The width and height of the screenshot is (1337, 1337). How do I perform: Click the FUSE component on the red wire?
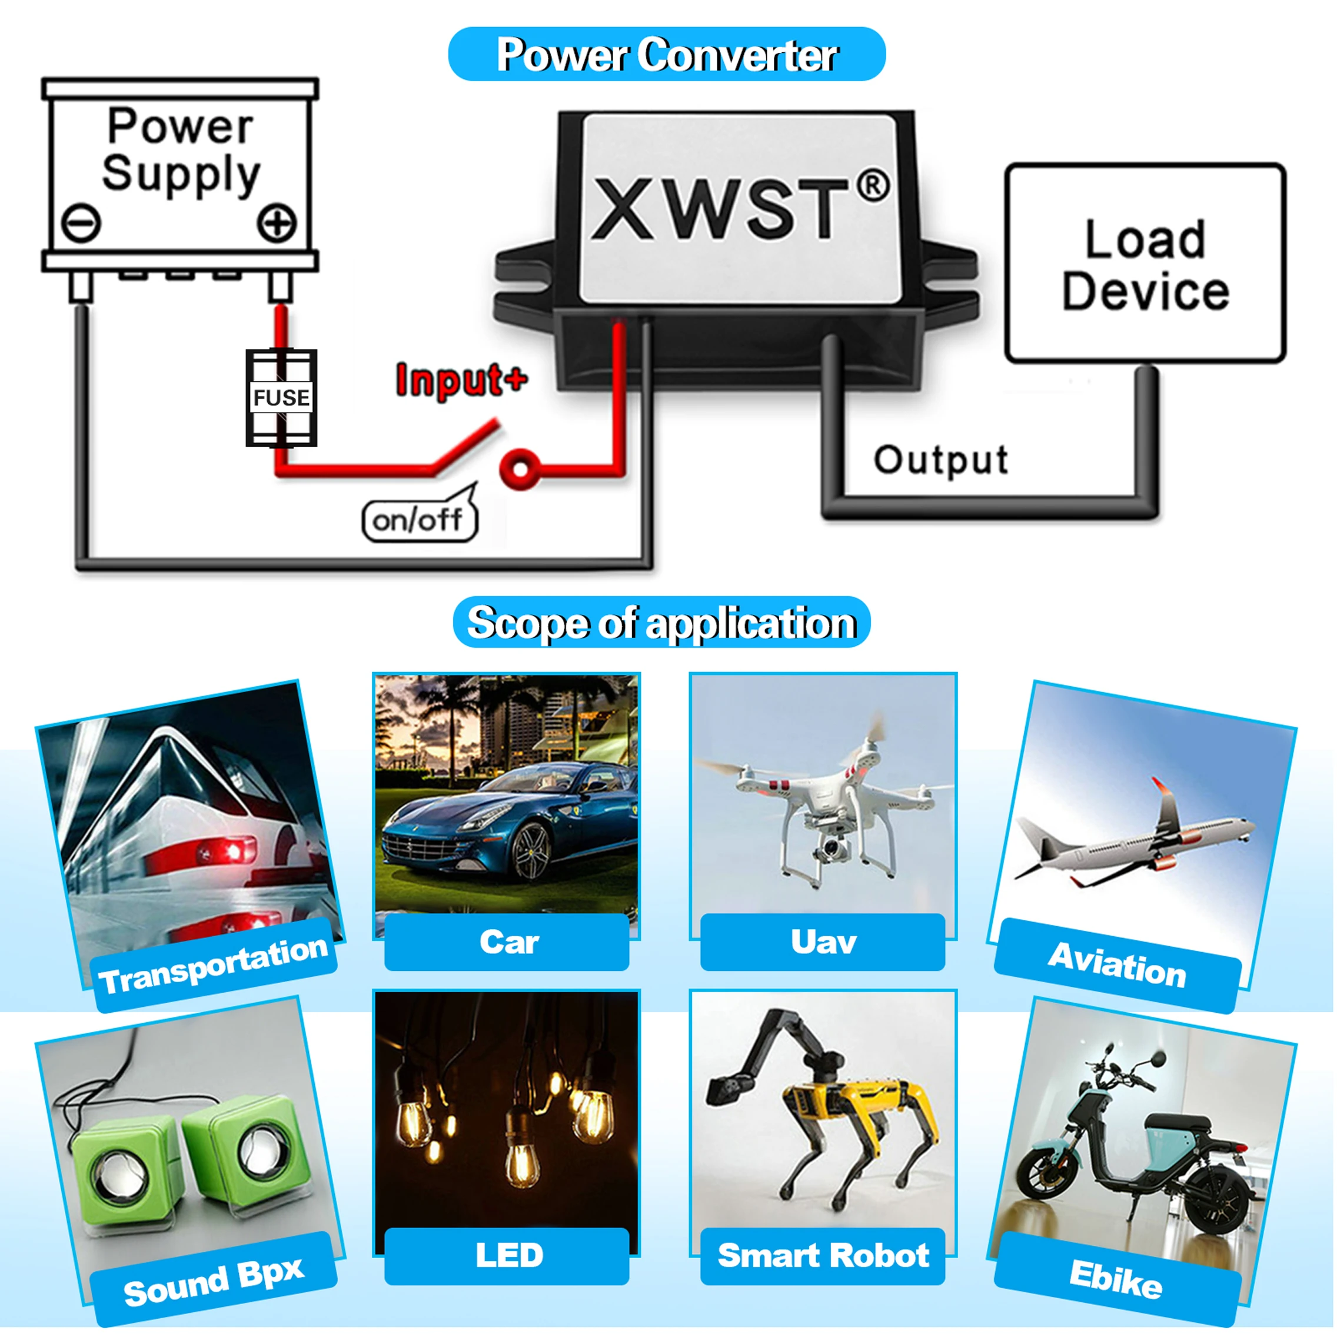pos(281,397)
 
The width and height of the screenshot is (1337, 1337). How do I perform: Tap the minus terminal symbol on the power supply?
pos(81,223)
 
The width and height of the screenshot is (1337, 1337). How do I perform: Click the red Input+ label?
pos(461,380)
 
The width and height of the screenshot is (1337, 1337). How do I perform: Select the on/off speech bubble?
pos(418,519)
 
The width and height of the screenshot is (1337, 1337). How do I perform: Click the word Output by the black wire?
pos(940,460)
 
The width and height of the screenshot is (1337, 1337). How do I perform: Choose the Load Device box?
pos(1145,264)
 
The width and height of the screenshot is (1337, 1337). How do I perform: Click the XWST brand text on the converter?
pos(720,208)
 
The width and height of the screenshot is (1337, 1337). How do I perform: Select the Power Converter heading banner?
pos(666,55)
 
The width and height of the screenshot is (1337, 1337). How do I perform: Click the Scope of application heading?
pos(661,622)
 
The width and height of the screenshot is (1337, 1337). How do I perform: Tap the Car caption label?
pos(507,942)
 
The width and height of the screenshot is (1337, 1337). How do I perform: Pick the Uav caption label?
pos(823,942)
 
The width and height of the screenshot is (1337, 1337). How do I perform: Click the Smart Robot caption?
pos(823,1256)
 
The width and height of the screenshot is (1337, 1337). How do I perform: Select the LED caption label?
pos(507,1256)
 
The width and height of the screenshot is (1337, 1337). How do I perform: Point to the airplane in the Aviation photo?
pos(1135,841)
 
